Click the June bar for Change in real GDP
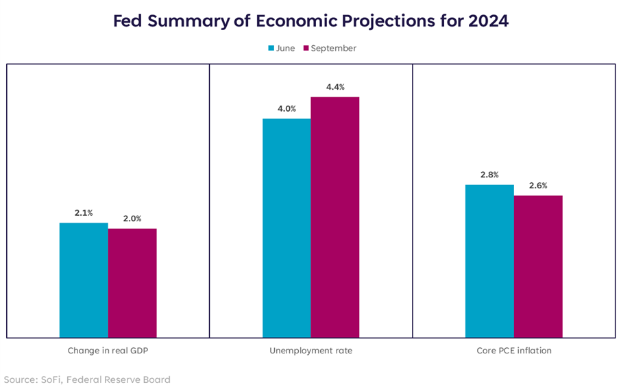click(84, 280)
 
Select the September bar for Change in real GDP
click(132, 283)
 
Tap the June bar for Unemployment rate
click(287, 228)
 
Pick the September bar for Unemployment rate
click(335, 217)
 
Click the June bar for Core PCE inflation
click(489, 261)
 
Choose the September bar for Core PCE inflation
click(538, 266)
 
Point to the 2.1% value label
click(84, 214)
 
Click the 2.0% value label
click(132, 219)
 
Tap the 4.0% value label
click(287, 109)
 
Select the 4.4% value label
click(335, 87)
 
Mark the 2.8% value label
click(489, 175)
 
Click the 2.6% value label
click(538, 186)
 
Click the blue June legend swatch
click(271, 49)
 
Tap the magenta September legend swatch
click(306, 49)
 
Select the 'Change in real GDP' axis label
click(108, 351)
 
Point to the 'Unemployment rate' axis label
click(310, 351)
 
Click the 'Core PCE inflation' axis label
click(514, 351)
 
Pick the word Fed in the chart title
click(127, 21)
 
